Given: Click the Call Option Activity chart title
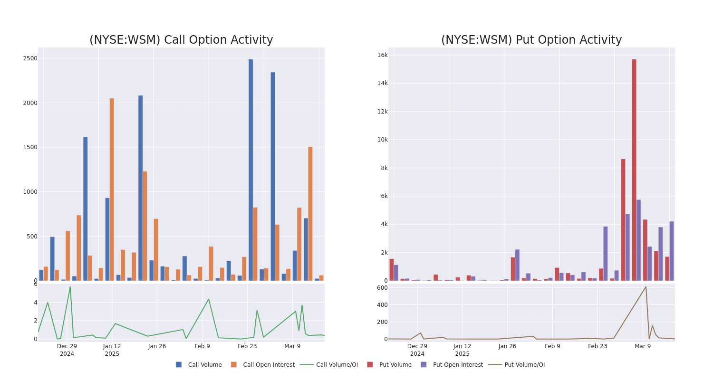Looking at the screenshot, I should (x=181, y=40).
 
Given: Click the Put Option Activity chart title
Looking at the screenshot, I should (x=531, y=40).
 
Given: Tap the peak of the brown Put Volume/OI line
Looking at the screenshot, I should (x=646, y=286).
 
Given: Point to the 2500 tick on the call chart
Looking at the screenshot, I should (x=30, y=58).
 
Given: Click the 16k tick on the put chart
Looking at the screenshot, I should (x=382, y=55).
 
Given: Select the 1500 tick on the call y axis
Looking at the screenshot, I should (x=30, y=147).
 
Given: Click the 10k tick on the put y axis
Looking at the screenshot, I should (x=382, y=140).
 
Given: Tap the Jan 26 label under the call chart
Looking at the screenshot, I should (x=157, y=346).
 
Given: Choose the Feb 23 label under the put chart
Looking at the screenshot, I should (x=597, y=346).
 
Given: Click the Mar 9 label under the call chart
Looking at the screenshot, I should (x=292, y=346).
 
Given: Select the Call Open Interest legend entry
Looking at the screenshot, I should (x=268, y=365).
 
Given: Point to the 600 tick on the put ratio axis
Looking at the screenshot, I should (x=382, y=288).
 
